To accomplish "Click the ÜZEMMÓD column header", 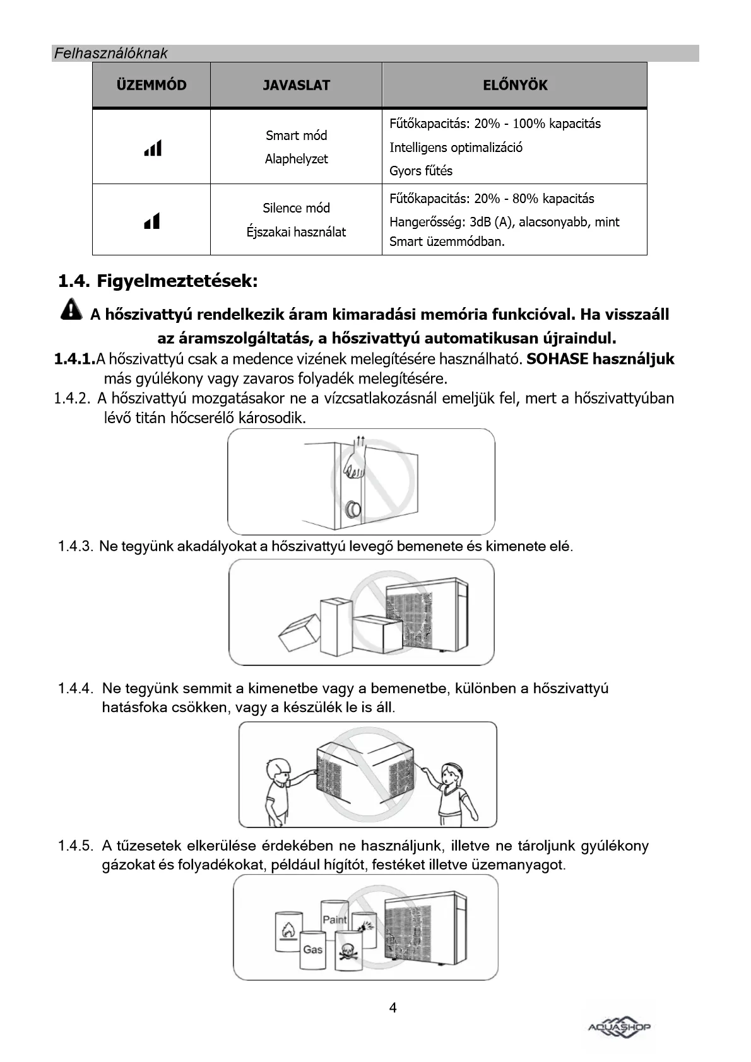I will point(151,85).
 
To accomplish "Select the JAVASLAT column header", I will point(296,85).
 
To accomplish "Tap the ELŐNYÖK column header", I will point(515,85).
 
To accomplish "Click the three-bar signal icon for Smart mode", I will point(153,148).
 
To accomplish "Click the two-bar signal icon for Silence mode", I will point(152,221).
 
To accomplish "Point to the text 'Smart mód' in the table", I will point(296,136).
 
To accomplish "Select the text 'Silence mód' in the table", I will point(296,208).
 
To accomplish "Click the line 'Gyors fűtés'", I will point(420,171).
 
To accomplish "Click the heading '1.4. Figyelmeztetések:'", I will point(158,281).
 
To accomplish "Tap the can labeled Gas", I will point(313,950).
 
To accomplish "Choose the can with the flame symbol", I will point(287,931).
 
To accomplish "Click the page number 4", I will point(393,1008).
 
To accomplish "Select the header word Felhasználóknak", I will point(110,54).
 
